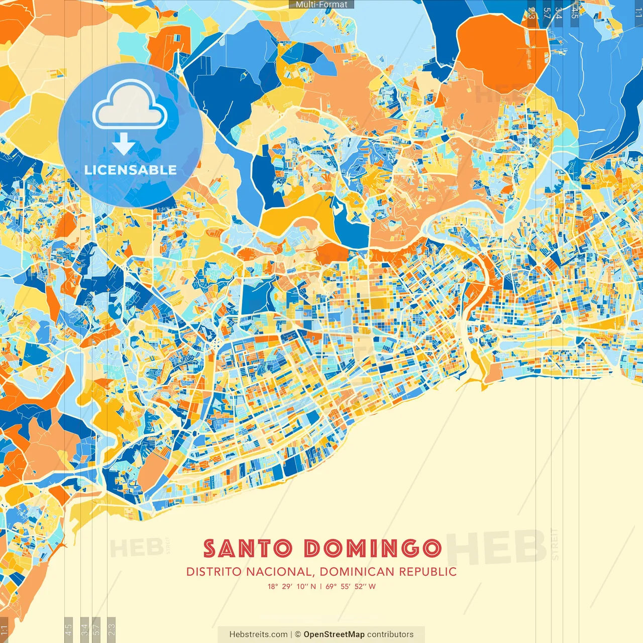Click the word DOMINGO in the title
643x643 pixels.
coord(373,549)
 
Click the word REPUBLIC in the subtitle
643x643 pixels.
coord(428,572)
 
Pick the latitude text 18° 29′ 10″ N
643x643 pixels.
coord(291,586)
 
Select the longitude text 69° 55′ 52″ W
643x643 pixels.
coord(351,586)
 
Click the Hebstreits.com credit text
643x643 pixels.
coord(258,634)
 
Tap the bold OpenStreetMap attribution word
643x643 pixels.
coord(334,634)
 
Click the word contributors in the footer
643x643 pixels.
coord(390,634)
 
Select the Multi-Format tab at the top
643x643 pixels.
coord(321,5)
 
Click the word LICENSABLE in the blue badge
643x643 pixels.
coord(131,170)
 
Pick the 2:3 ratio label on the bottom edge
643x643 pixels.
coord(112,629)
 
